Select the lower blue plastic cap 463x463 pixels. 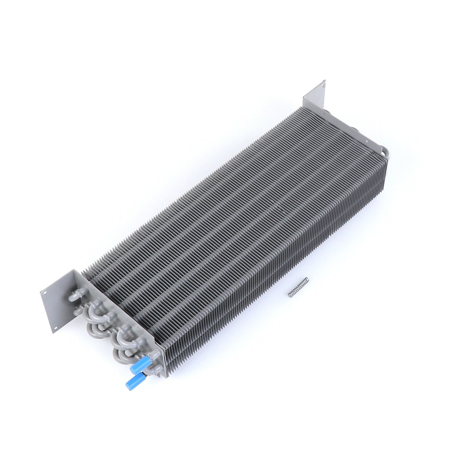[x=131, y=381]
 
